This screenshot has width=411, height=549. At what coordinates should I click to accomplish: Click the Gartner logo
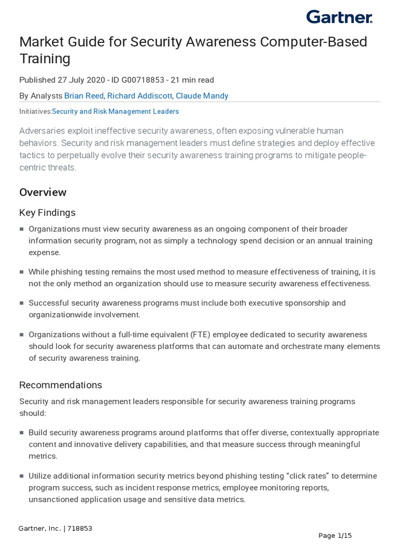(x=339, y=17)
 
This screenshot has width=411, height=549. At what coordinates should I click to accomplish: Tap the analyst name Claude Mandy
(x=202, y=96)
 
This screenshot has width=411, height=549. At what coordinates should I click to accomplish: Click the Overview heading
(x=43, y=192)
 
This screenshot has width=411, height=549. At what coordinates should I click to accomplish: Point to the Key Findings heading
(x=47, y=213)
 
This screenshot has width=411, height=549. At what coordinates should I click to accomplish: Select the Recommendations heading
(x=60, y=385)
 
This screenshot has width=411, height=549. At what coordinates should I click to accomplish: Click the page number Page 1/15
(x=335, y=535)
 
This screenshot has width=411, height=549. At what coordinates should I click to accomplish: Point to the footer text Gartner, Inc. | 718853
(x=56, y=528)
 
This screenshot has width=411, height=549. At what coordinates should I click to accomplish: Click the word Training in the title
(x=44, y=58)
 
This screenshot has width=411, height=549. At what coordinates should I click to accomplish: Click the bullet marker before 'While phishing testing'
(x=22, y=272)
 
